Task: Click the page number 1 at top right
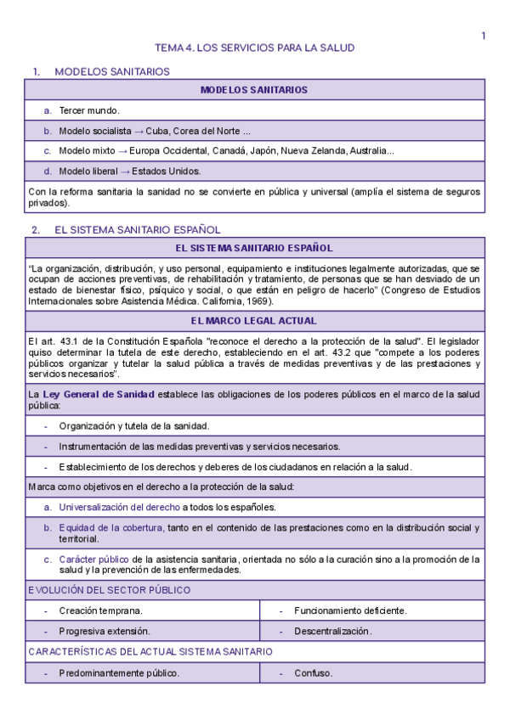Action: click(483, 36)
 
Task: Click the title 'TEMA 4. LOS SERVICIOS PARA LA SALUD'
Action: click(254, 48)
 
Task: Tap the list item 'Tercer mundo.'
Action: click(89, 111)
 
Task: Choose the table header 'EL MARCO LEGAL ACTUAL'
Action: click(254, 321)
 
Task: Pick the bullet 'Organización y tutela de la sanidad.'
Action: click(134, 426)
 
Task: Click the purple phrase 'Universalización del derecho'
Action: click(119, 508)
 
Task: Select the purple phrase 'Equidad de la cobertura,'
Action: click(111, 528)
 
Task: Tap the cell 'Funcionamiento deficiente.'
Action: click(350, 610)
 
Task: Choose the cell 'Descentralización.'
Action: click(333, 632)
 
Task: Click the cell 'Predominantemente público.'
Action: click(119, 674)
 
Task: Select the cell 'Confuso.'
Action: click(314, 674)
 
